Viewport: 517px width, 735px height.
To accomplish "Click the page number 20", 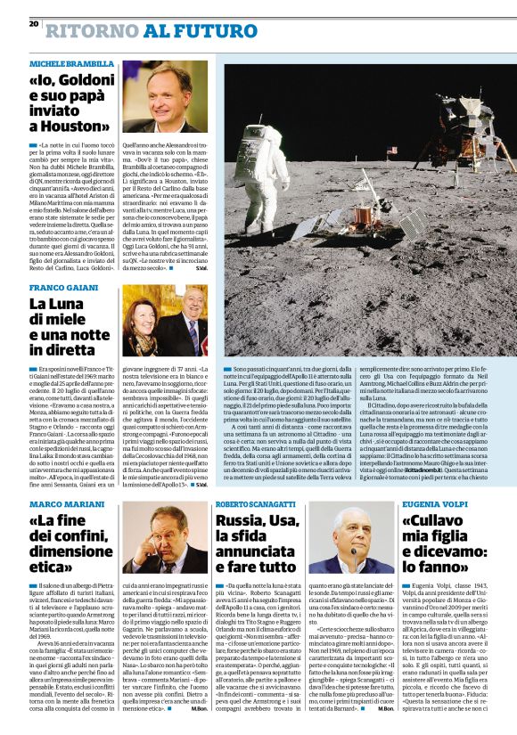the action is [34, 24].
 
